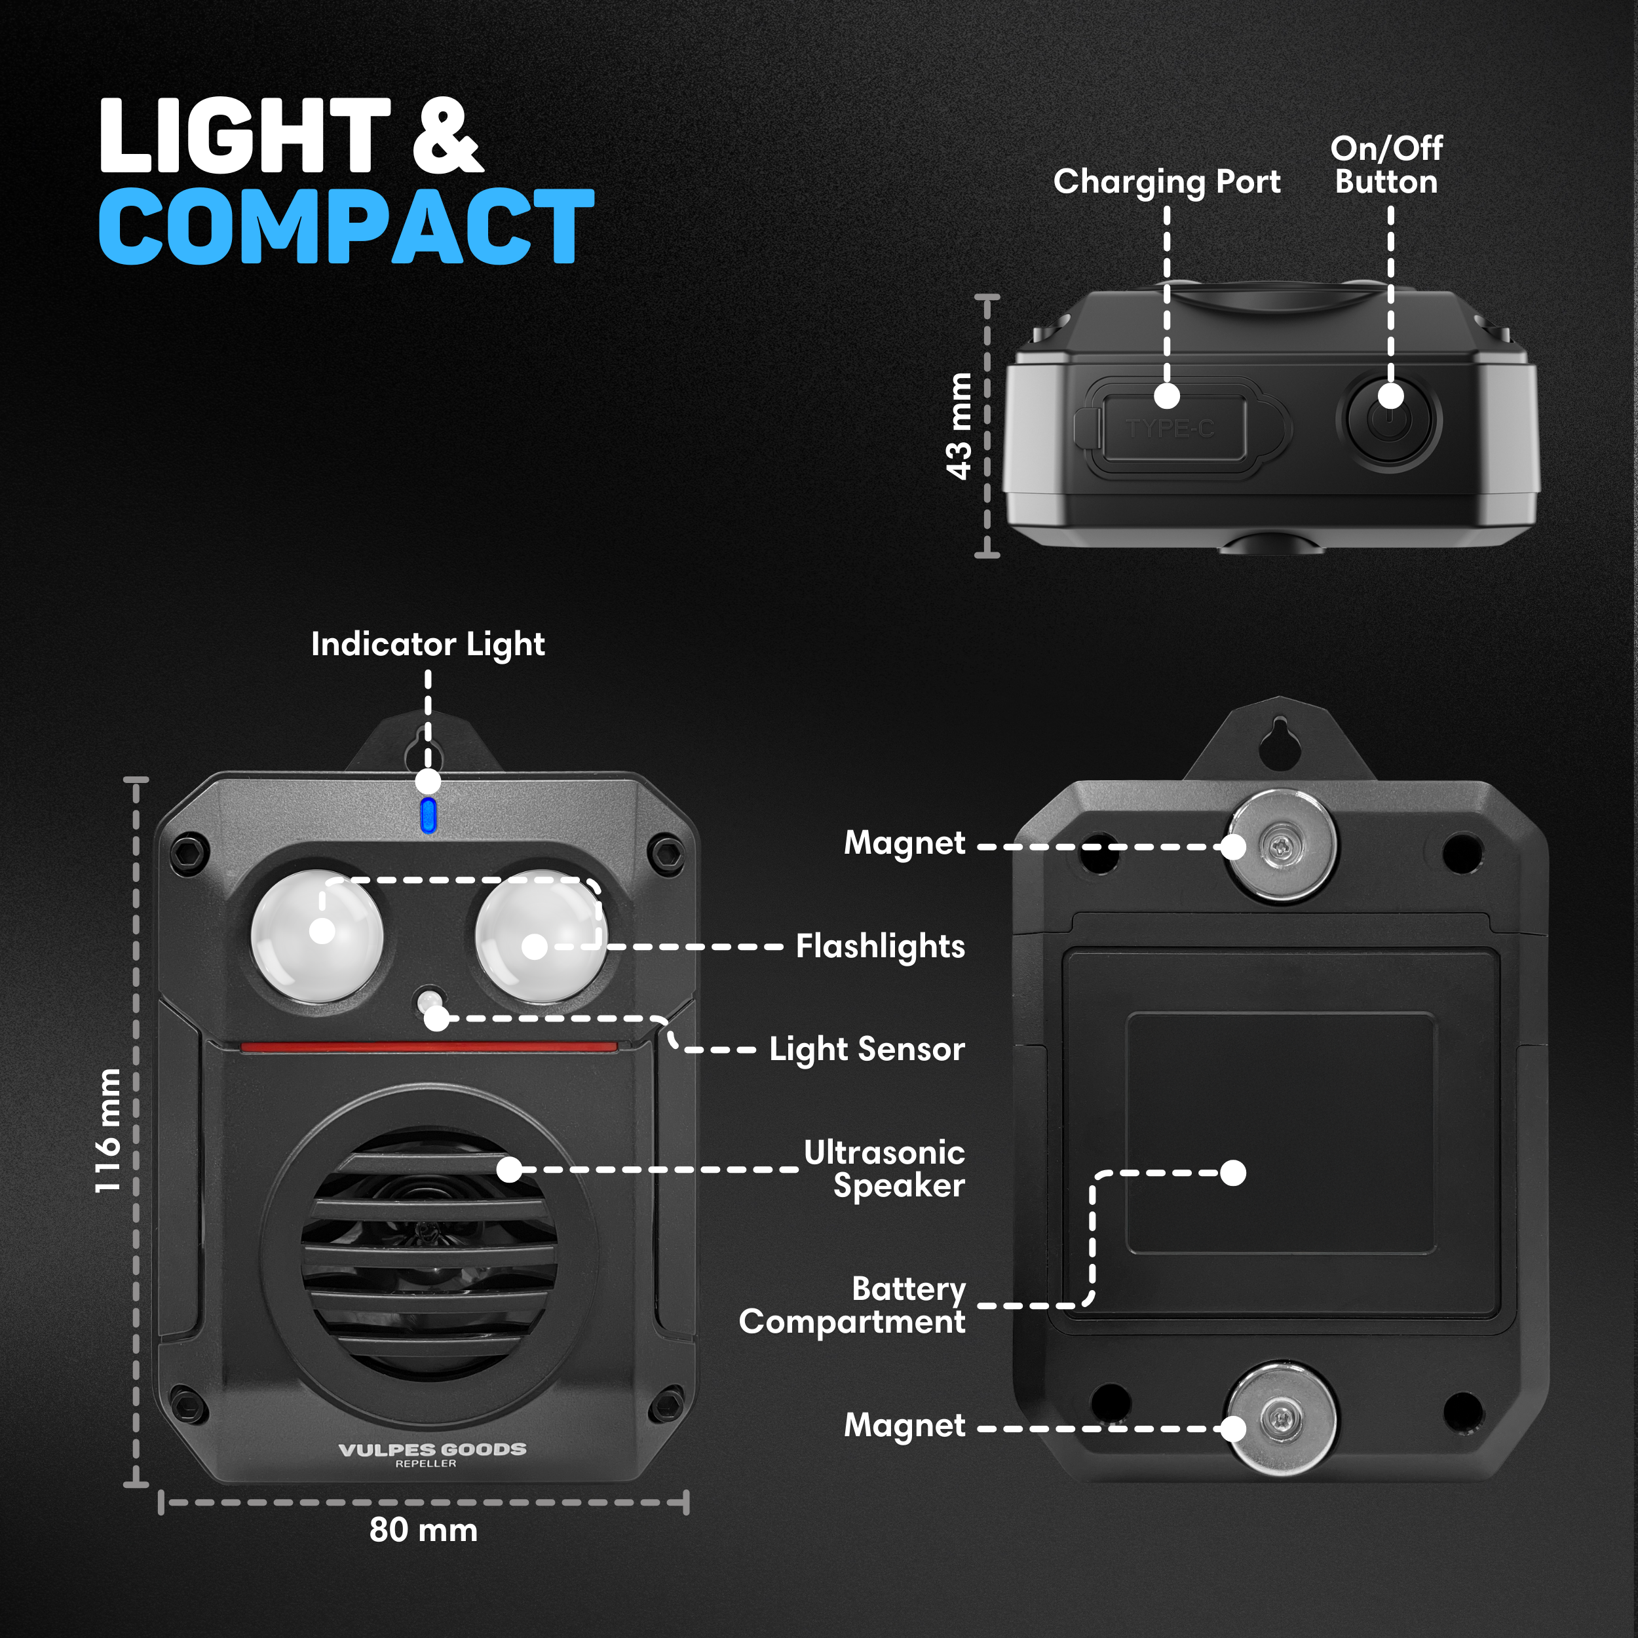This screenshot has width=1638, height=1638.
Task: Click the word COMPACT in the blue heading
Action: pyautogui.click(x=347, y=225)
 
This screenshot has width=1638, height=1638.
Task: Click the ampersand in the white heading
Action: pyautogui.click(x=448, y=136)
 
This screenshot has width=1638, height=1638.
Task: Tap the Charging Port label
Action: pyautogui.click(x=1167, y=182)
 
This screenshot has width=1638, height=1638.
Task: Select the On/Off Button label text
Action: pyautogui.click(x=1387, y=165)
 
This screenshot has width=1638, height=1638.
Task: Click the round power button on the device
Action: pyautogui.click(x=1389, y=420)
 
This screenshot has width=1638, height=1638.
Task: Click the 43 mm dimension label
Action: pyautogui.click(x=959, y=427)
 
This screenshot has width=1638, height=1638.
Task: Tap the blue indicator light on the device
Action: pyautogui.click(x=428, y=815)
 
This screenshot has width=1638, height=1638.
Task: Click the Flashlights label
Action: pyautogui.click(x=880, y=947)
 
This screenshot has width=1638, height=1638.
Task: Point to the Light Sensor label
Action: pyautogui.click(x=866, y=1050)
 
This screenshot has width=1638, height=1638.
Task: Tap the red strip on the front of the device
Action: pyautogui.click(x=429, y=1048)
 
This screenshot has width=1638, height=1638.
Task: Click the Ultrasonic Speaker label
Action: pyautogui.click(x=885, y=1169)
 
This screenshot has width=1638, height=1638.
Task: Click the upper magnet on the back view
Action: pyautogui.click(x=1282, y=845)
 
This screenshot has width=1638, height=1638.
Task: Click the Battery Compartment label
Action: pyautogui.click(x=852, y=1306)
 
